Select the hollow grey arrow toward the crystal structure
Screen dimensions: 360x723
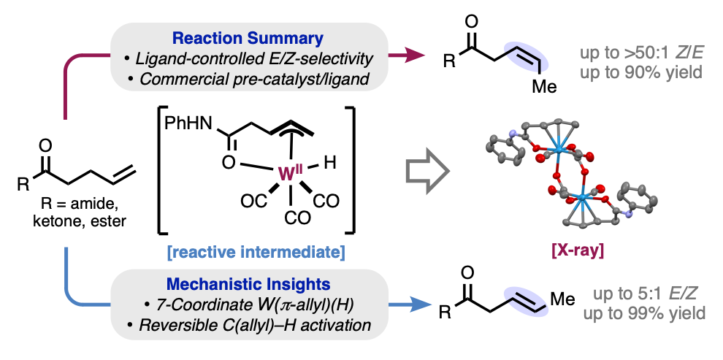point(426,176)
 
